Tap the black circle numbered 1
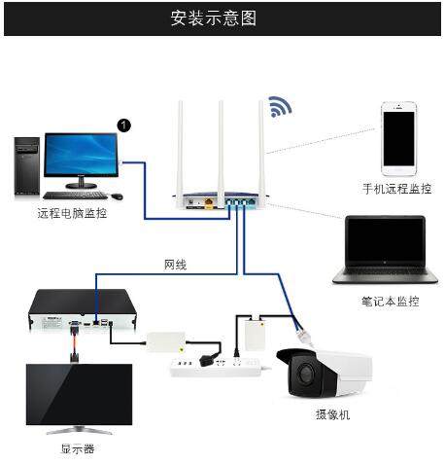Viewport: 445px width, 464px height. coord(123,125)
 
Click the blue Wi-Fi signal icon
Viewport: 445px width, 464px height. coord(281,106)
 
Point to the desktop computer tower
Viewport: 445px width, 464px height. coord(27,167)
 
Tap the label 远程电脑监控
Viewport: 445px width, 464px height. coord(72,212)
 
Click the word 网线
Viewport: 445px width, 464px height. coord(175,264)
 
